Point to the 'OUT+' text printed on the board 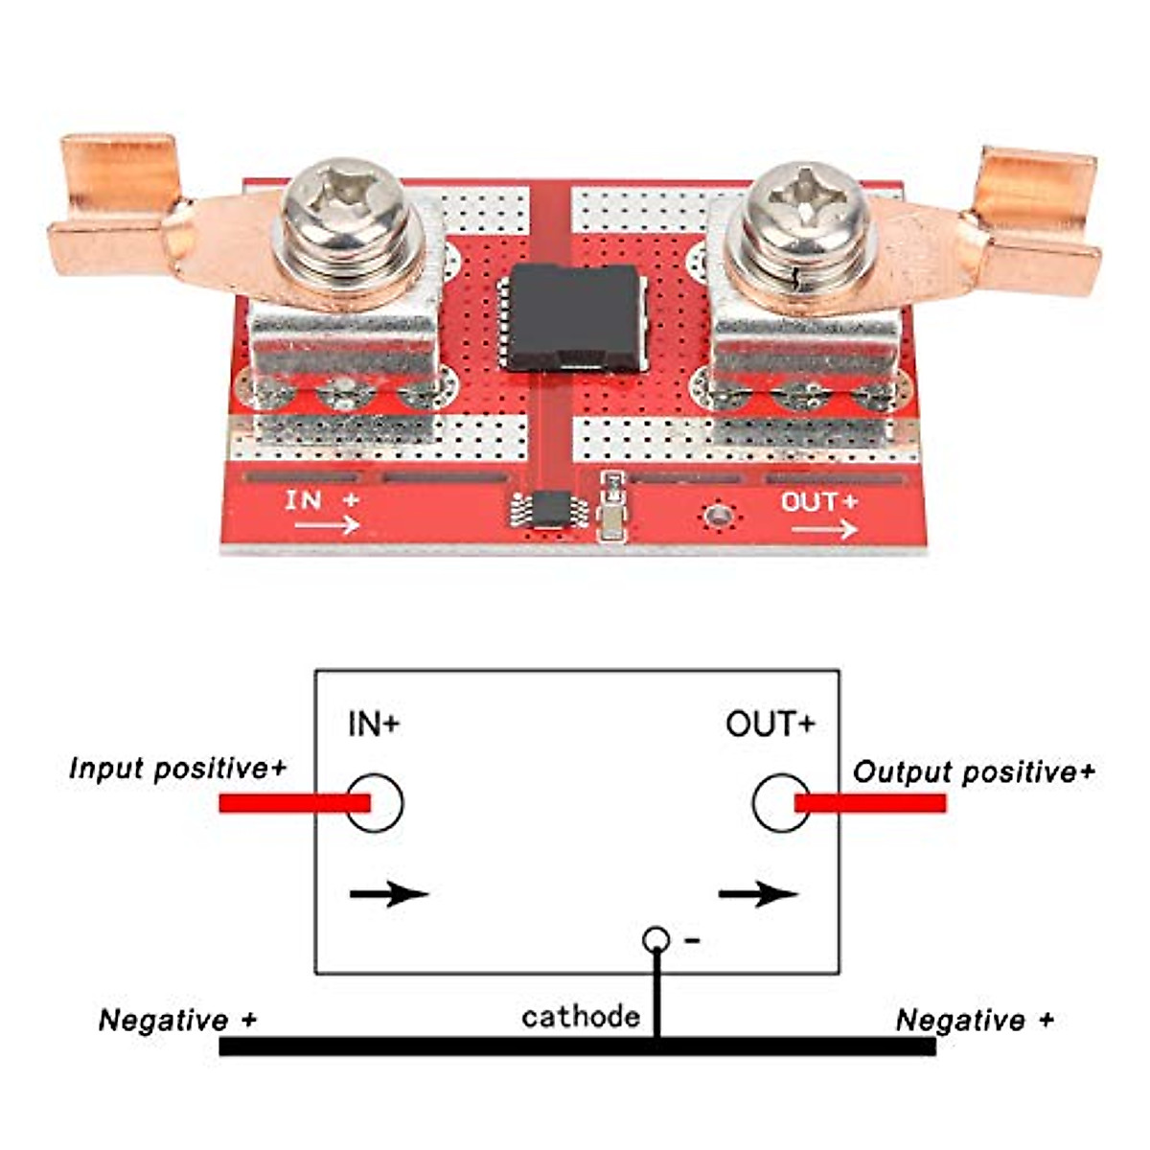point(818,501)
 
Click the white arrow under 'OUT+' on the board point(824,529)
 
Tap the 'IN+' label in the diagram point(374,724)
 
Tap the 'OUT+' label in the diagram point(770,724)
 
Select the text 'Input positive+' point(178,769)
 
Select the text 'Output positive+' point(973,772)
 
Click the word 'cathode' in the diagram point(581,1016)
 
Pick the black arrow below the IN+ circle point(389,895)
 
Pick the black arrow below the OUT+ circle point(758,895)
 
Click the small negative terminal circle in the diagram point(656,939)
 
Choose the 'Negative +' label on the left point(178,1020)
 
